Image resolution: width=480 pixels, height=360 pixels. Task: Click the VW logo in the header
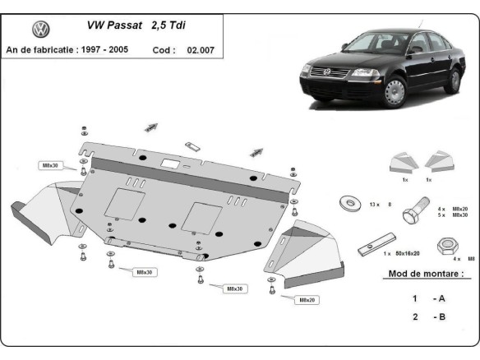pos(40,30)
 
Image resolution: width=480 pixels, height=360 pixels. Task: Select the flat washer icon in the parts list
pos(346,201)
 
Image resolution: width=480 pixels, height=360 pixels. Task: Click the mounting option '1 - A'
pos(424,298)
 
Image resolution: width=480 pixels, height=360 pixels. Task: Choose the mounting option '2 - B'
pos(424,316)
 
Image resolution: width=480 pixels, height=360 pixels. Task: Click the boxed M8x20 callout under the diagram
pos(308,299)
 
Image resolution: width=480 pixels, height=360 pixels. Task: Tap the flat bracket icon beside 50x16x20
pos(371,247)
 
